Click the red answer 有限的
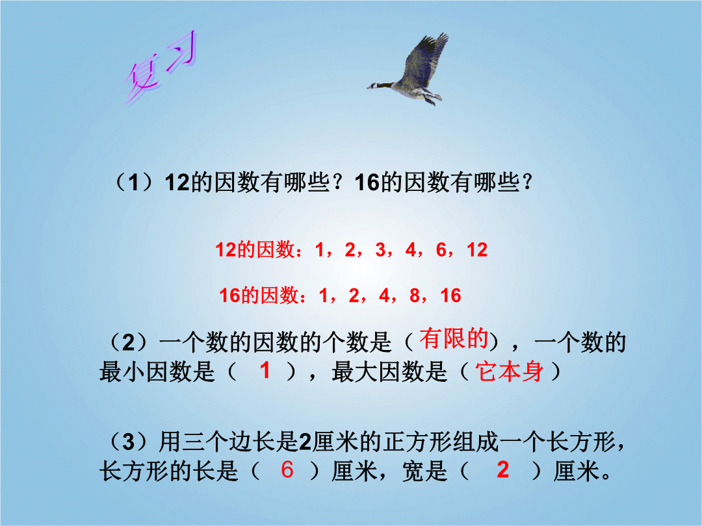point(454,338)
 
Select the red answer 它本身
point(510,371)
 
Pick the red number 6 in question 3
point(287,470)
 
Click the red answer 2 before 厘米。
point(502,470)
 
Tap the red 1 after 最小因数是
point(265,371)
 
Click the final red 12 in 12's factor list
point(477,250)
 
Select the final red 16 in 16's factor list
point(450,295)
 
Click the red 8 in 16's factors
point(415,295)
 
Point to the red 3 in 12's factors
point(380,250)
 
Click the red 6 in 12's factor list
point(441,250)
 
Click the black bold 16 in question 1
point(367,183)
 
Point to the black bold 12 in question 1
point(177,183)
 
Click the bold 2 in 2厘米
point(305,442)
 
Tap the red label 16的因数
point(259,295)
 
